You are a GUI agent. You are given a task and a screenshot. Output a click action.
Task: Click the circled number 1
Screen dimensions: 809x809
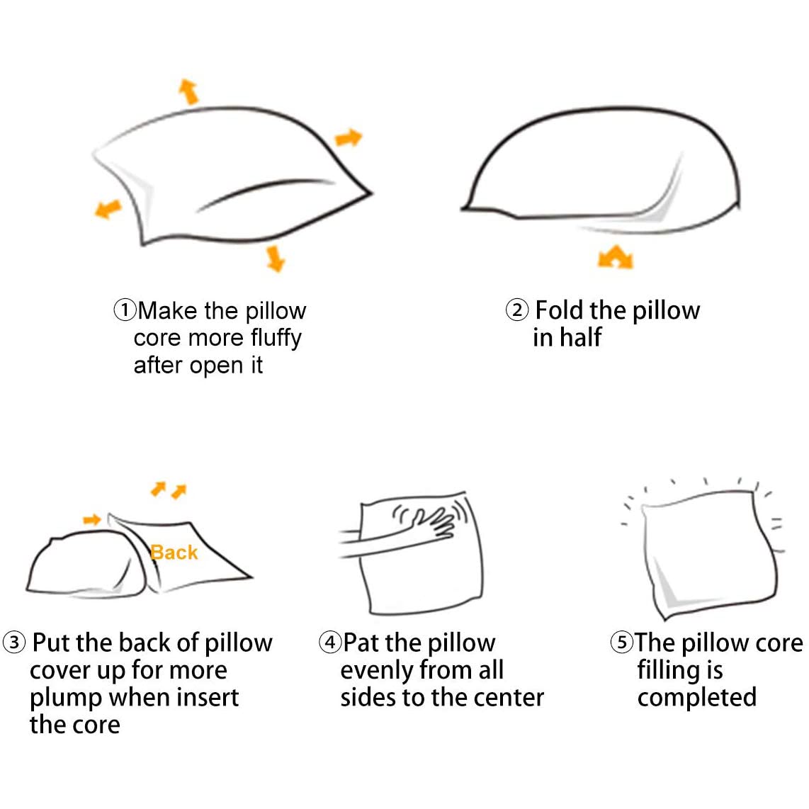tap(125, 310)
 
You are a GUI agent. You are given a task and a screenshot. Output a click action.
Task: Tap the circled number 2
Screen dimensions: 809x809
tap(517, 310)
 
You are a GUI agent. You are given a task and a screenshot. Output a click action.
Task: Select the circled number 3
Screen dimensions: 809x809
tap(14, 643)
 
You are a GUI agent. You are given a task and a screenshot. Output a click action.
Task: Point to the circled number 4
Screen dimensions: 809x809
tap(330, 643)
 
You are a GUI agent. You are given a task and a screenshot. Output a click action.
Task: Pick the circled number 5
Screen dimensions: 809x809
tap(621, 643)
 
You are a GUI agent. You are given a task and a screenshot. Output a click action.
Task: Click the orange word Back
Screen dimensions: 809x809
tap(174, 553)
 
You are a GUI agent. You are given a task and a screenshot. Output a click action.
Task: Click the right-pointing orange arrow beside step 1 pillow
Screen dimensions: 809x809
tap(348, 137)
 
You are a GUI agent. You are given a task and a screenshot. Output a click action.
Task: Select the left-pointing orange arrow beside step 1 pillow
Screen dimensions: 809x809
tap(108, 208)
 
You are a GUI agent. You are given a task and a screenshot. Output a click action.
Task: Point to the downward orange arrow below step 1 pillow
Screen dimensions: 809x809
tap(275, 258)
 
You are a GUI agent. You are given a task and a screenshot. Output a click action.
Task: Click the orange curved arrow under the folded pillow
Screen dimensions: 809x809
tap(615, 257)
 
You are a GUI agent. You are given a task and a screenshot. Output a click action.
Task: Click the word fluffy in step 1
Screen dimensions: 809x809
tap(276, 339)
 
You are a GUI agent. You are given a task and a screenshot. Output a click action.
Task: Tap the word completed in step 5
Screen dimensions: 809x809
tap(696, 698)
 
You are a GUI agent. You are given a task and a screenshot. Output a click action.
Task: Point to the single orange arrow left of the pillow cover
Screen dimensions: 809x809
tap(92, 521)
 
